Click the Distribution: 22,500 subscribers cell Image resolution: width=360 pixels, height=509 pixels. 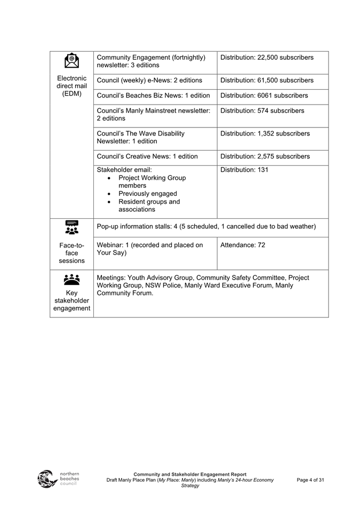[267, 58]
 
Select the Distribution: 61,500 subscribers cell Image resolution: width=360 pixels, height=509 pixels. [267, 81]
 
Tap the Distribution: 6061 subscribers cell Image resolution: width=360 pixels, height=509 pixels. [264, 96]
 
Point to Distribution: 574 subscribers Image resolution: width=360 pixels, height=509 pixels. [262, 111]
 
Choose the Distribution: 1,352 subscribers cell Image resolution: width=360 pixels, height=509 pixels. [265, 133]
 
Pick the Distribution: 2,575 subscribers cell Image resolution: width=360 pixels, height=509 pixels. [265, 156]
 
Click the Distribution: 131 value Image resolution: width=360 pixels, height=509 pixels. [244, 170]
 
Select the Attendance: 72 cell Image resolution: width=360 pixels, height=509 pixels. [243, 245]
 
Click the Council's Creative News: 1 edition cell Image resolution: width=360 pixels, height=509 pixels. [147, 156]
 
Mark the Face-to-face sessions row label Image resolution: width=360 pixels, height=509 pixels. [71, 253]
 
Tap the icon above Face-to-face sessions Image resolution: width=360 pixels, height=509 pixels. [71, 227]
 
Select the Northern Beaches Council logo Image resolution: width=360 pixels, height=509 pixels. [58, 478]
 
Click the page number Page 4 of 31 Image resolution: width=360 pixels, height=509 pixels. [310, 480]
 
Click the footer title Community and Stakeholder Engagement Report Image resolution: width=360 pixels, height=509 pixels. [190, 474]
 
